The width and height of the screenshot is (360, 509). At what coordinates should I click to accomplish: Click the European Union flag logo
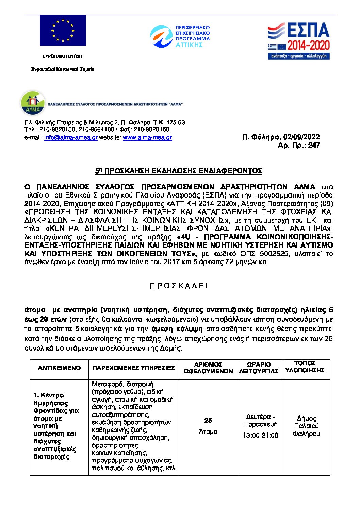pos(63,31)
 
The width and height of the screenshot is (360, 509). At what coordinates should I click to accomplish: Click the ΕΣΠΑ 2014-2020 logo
pos(298,41)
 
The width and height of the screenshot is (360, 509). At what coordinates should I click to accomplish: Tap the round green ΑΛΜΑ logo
pos(33,103)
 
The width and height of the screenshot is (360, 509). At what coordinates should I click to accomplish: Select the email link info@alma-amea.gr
pos(71,138)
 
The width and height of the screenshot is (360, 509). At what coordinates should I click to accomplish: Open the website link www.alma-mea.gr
pos(147,138)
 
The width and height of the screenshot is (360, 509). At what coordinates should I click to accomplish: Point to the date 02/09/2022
pos(301,137)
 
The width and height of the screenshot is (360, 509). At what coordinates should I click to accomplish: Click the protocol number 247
pos(314,145)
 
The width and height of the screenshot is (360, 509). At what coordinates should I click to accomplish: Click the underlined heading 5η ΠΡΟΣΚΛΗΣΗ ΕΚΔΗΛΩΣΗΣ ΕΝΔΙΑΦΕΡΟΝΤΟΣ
pos(179,171)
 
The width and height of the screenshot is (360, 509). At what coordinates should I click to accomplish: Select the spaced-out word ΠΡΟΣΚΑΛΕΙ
pos(179,286)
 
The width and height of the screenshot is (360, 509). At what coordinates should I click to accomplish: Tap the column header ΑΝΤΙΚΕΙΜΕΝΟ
pos(60,368)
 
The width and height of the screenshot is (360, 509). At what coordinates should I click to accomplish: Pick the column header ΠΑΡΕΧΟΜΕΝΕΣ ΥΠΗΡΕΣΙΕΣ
pos(133,368)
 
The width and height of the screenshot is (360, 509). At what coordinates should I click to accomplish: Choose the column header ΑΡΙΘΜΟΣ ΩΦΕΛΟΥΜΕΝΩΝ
pos(208,368)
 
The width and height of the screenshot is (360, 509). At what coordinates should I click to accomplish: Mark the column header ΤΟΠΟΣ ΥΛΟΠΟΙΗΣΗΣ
pos(305,367)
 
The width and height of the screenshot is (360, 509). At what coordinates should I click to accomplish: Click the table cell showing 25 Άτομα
pos(208,426)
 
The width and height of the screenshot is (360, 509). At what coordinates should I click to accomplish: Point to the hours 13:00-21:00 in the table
pos(260,436)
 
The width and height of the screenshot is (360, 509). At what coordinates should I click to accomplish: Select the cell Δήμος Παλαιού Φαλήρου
pos(306,426)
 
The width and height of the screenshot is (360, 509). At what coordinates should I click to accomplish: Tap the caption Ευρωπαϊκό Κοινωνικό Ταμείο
pos(63,69)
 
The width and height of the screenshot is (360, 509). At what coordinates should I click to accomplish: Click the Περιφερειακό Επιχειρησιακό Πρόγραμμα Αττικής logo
pos(180,36)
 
